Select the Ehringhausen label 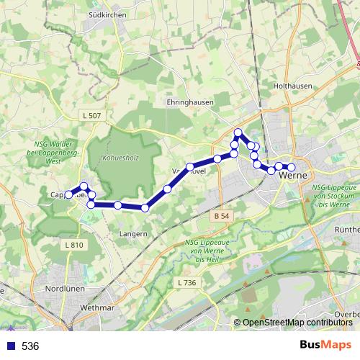click(190, 102)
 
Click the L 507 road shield click(91, 115)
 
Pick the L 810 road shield click(74, 245)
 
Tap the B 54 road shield click(221, 216)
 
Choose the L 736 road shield click(186, 283)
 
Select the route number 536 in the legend click(30, 346)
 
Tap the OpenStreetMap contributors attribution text click(297, 323)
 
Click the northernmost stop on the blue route click(238, 132)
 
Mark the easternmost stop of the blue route click(292, 168)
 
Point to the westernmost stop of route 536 click(69, 194)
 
